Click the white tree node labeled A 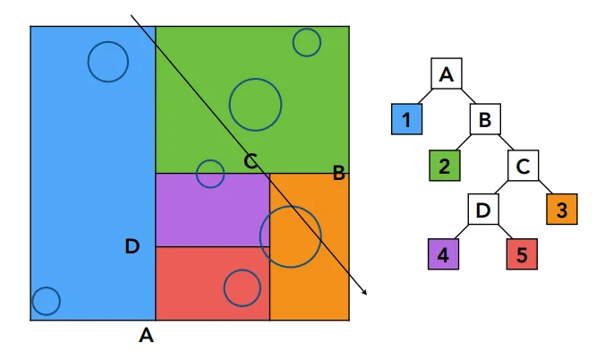point(447,73)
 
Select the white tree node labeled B point(485,119)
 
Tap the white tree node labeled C point(523,165)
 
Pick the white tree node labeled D point(482,210)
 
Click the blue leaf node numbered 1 point(406,119)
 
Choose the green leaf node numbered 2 point(445,165)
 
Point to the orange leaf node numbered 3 point(562,210)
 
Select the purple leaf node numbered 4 point(443,254)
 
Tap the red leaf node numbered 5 point(522,254)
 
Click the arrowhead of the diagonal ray point(365,293)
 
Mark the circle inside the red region point(243,288)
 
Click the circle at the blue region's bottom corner point(46,301)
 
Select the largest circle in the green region point(255,105)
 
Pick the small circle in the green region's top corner point(307,43)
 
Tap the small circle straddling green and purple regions point(210,174)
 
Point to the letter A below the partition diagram point(147,335)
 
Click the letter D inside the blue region point(132,246)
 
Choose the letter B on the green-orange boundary point(338,173)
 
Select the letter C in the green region point(251,161)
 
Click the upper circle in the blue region point(108,62)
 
